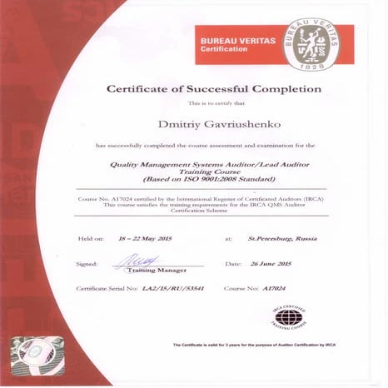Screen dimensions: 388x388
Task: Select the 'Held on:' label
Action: coord(91,238)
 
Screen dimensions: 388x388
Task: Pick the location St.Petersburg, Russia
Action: coord(276,238)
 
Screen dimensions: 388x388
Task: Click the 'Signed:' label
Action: coord(87,263)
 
